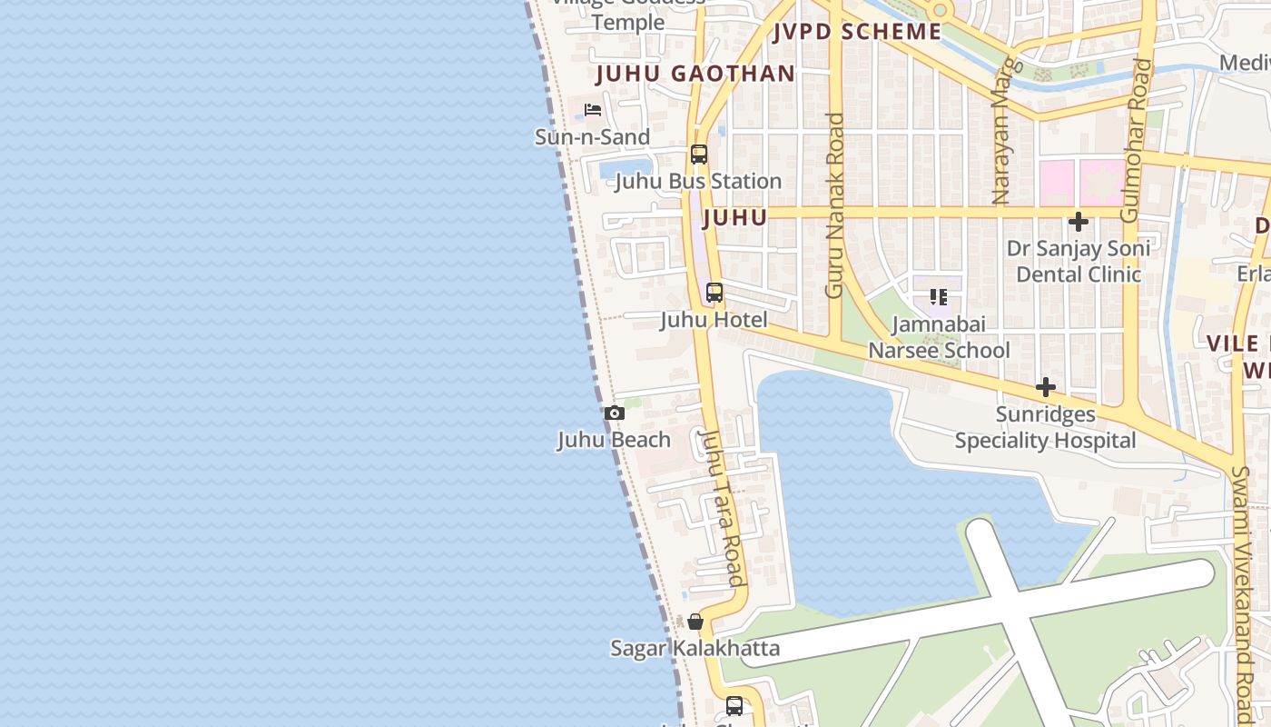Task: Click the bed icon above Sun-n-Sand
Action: coord(593,110)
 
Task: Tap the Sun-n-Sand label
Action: coord(592,137)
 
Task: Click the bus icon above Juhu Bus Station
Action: coord(698,154)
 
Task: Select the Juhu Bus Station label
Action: coord(698,181)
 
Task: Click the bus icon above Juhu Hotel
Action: coord(714,293)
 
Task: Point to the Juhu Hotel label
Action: coord(714,320)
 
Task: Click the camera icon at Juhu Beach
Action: coord(615,413)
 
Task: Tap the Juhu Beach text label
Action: coord(614,440)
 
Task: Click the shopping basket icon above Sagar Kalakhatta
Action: coord(695,622)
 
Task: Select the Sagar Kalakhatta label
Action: coord(695,648)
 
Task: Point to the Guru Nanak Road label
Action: coord(834,205)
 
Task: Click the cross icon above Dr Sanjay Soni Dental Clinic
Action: coord(1079,222)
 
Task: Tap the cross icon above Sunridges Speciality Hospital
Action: coord(1046,388)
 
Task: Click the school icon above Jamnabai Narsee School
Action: coord(939,297)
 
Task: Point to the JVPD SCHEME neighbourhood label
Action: coord(857,32)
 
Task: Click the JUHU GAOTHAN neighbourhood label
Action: coord(695,74)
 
